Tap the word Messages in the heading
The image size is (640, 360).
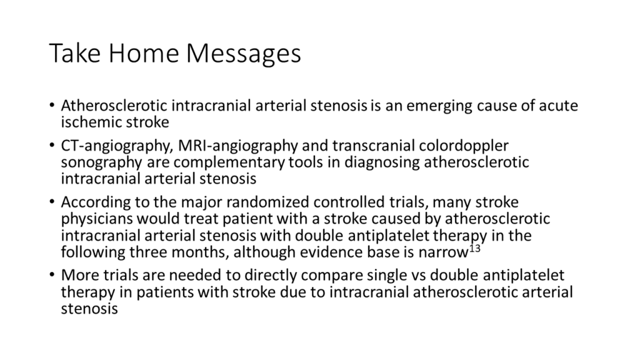click(244, 54)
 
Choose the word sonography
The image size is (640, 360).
click(102, 162)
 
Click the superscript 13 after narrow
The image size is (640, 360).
click(475, 248)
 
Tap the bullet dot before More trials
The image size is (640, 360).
click(51, 275)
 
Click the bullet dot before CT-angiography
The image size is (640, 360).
click(51, 145)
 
